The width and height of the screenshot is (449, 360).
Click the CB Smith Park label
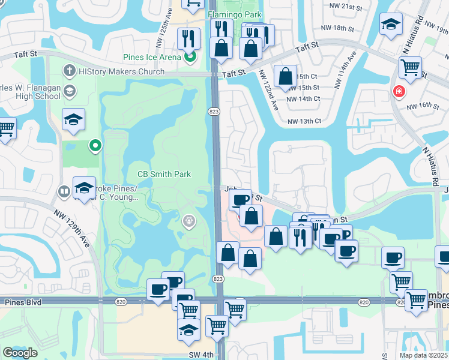click(x=164, y=174)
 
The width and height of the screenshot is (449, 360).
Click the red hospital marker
click(x=397, y=92)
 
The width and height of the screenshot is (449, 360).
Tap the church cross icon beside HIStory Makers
click(x=70, y=72)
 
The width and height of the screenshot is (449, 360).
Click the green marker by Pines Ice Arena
click(x=191, y=58)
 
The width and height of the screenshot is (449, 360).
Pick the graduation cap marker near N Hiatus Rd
click(x=391, y=25)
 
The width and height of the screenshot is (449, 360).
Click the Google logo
click(x=20, y=353)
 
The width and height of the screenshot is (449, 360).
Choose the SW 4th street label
click(x=199, y=355)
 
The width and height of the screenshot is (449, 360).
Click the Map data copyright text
click(x=423, y=355)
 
